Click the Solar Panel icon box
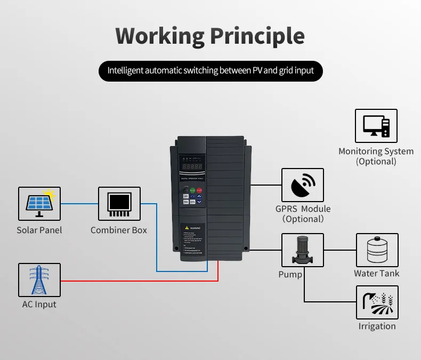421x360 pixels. click(39, 204)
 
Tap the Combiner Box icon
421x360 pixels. click(119, 204)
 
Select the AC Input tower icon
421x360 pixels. click(39, 280)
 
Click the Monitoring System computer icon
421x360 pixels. click(376, 126)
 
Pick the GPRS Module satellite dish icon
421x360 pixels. click(302, 185)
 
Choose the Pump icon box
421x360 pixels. click(302, 250)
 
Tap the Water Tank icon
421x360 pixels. click(377, 250)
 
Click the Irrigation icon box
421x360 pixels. click(377, 302)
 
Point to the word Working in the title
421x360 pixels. click(160, 36)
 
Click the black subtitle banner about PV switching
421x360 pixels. click(210, 70)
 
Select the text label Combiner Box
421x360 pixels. click(119, 230)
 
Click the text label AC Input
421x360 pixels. click(39, 305)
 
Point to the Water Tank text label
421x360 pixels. click(377, 274)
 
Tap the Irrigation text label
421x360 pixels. click(377, 326)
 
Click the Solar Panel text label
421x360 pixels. click(39, 230)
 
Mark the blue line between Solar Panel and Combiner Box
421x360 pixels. click(79, 204)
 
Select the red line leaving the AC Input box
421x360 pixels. click(133, 281)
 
